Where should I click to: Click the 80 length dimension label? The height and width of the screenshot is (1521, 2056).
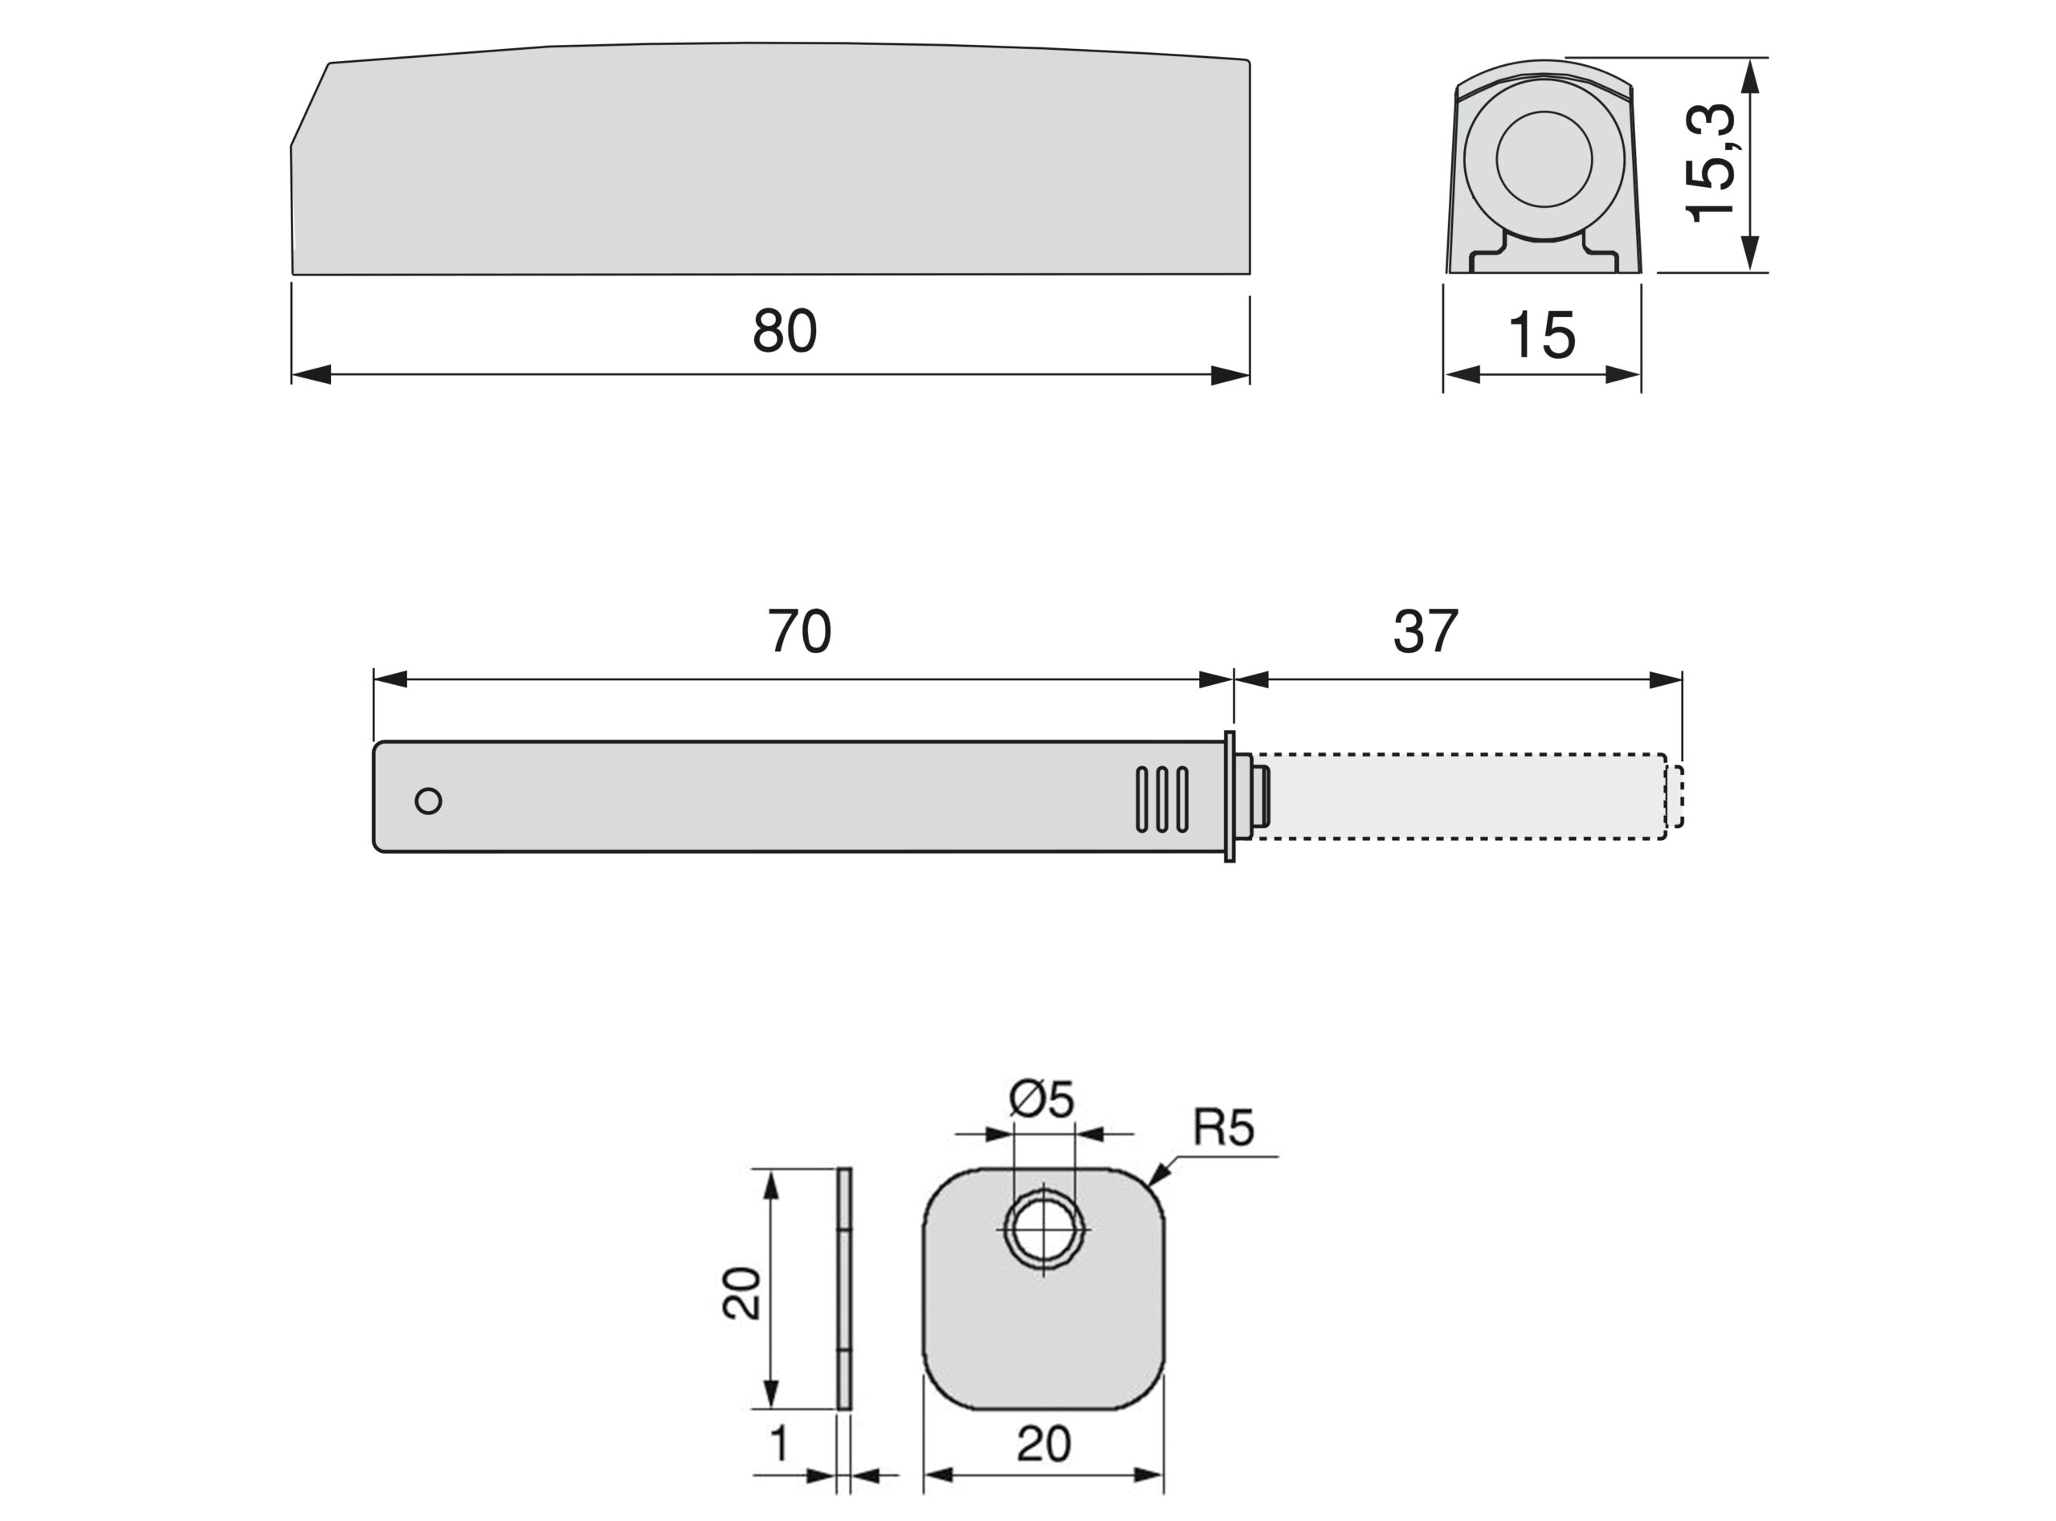(785, 331)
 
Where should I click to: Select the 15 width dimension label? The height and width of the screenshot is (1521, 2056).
(1541, 335)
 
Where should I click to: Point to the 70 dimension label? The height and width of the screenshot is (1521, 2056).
(799, 630)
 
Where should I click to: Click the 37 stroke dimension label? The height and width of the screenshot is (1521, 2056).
(1426, 630)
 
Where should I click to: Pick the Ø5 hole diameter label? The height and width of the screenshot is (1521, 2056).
(1042, 1099)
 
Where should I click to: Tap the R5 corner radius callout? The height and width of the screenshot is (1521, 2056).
(1224, 1127)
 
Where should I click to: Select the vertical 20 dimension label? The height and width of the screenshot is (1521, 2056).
(742, 1294)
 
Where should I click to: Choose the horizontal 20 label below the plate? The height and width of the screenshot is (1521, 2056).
(1043, 1444)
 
